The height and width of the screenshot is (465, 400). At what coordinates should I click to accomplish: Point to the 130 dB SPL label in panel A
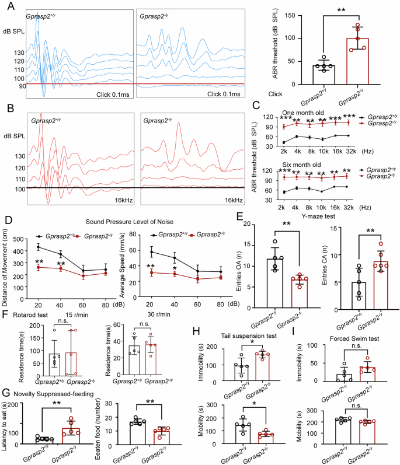[x=19, y=53]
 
